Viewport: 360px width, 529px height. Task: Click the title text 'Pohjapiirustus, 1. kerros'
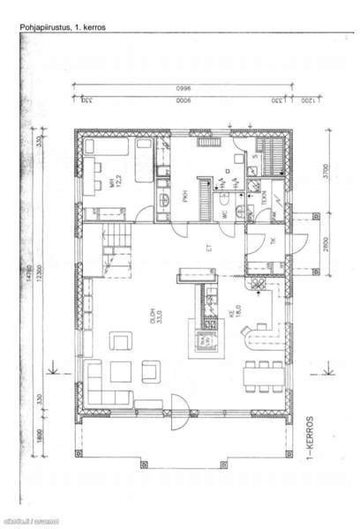(x=63, y=28)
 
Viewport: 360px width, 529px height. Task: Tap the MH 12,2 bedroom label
(x=112, y=183)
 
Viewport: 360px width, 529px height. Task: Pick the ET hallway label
(x=210, y=249)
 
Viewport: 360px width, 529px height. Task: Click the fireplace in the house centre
(x=203, y=339)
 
